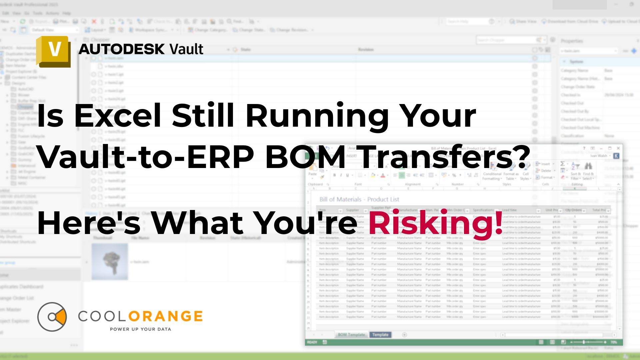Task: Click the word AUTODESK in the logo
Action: pos(122,49)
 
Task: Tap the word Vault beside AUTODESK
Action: pos(186,49)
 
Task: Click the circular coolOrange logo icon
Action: pos(52,317)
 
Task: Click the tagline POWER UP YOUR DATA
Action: pos(140,329)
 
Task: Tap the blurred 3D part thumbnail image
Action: pos(110,261)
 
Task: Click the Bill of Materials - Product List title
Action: pos(359,199)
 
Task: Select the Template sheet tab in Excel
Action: pos(380,335)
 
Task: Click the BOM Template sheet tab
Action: pos(351,335)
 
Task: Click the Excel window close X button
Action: pos(618,148)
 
